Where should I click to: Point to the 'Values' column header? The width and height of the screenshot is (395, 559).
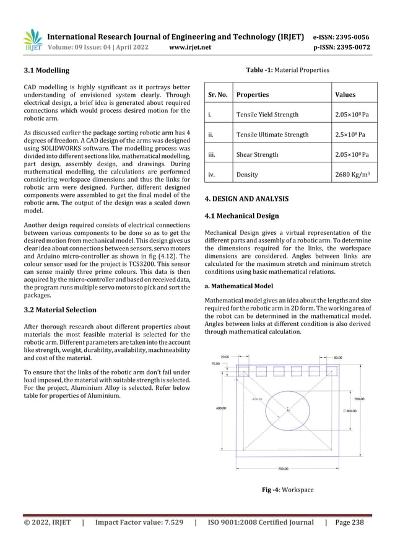point(345,95)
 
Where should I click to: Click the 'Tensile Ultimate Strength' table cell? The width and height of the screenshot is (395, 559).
point(271,134)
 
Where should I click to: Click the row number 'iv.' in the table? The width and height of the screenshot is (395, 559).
point(212,175)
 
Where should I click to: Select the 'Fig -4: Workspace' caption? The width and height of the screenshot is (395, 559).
point(289,490)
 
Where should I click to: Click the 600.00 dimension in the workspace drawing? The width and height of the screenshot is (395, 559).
point(220,408)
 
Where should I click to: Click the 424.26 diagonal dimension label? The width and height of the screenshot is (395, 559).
point(257,400)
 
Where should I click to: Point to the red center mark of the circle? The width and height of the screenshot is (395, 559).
point(289,408)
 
